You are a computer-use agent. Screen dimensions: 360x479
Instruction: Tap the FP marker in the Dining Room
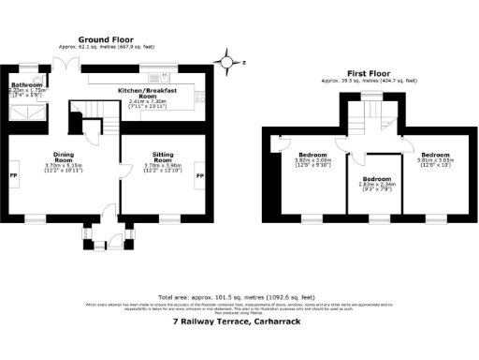pos(13,175)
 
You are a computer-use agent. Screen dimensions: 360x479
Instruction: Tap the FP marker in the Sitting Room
pos(199,175)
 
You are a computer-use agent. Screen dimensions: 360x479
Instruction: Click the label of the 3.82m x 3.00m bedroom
pos(312,155)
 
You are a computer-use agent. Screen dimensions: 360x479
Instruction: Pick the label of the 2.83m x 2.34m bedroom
pos(376,179)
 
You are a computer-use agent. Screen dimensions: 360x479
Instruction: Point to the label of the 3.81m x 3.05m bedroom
pos(436,155)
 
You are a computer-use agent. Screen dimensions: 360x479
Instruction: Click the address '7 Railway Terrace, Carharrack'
pos(239,322)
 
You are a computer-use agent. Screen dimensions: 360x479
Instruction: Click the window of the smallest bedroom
pos(376,221)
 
